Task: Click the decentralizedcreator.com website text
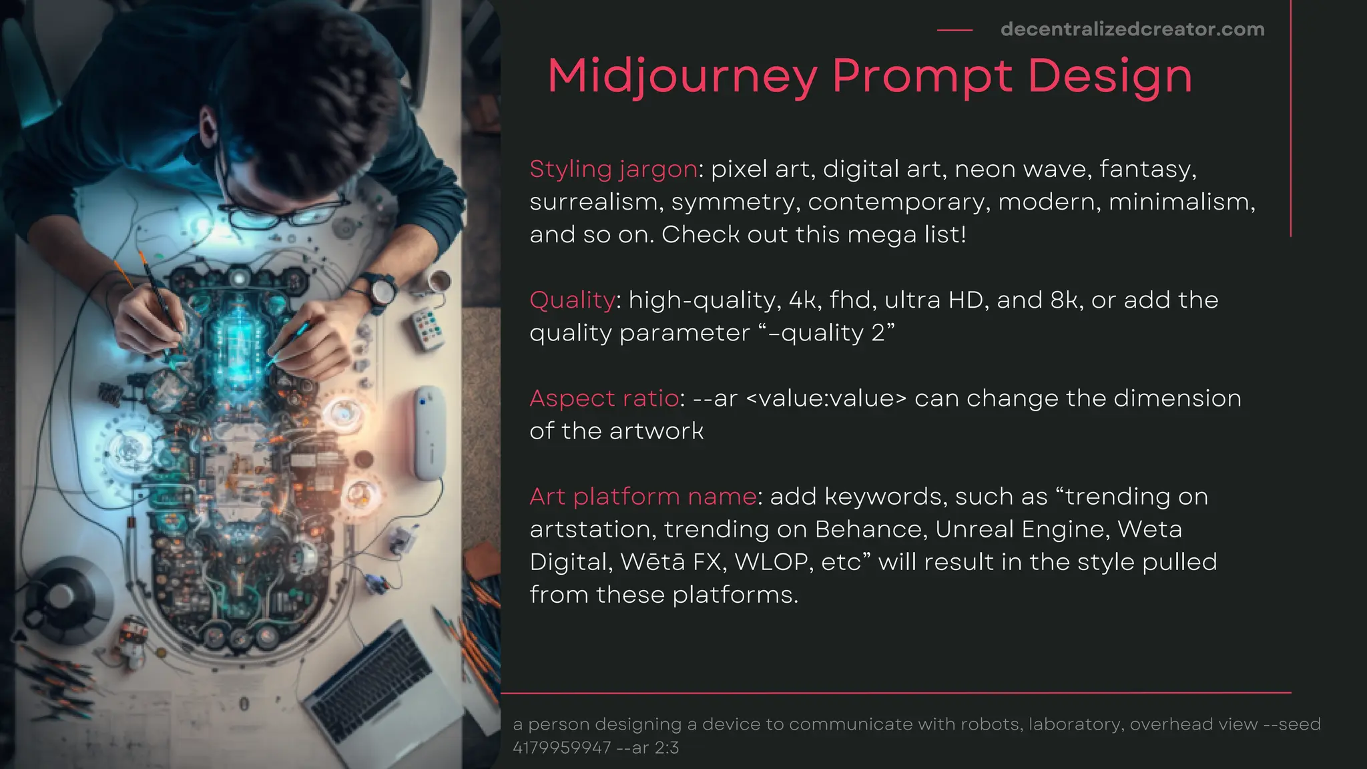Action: coord(1132,29)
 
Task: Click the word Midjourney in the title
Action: coord(682,76)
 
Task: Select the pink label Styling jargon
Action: coord(613,169)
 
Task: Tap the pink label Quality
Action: coord(572,300)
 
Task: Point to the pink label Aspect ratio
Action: coord(604,399)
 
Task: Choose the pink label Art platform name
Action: coord(643,497)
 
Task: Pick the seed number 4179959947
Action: coord(561,748)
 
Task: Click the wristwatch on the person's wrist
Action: coord(383,291)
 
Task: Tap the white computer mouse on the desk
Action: coord(429,432)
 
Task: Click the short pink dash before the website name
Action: coord(954,30)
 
